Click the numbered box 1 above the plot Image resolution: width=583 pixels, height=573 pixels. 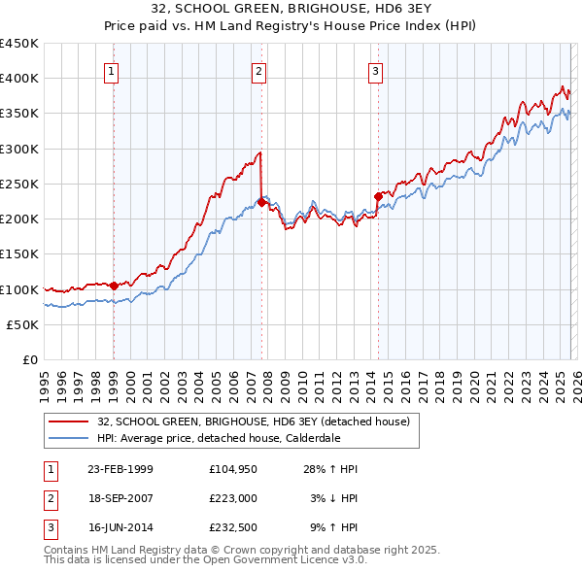tap(112, 70)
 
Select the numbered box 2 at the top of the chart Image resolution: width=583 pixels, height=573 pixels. tap(259, 70)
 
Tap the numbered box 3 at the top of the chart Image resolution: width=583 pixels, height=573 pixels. tap(375, 70)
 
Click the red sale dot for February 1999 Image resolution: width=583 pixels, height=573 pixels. tap(114, 286)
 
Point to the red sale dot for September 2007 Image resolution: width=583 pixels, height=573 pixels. tap(261, 202)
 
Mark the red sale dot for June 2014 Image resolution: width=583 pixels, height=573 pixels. tap(378, 195)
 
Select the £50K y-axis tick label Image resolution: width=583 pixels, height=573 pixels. tap(22, 325)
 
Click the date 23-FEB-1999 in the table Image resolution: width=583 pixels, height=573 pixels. tap(120, 469)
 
